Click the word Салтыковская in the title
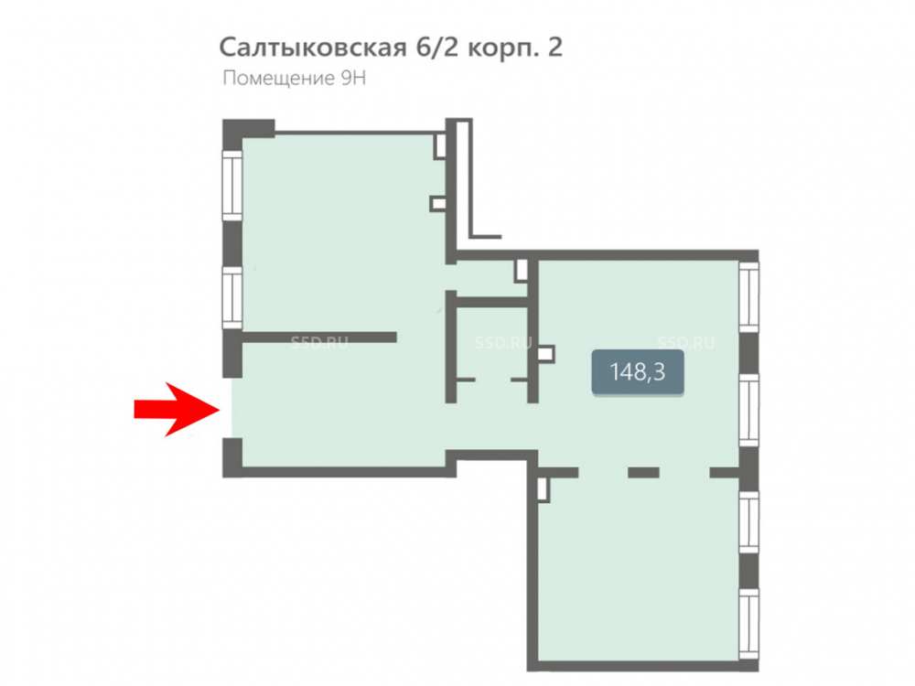pos(312,48)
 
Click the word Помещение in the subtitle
pos(278,79)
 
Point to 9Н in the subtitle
pos(353,78)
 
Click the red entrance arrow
pos(177,409)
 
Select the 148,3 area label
pos(637,371)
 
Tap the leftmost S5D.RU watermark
pos(319,342)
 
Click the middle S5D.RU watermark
pos(503,342)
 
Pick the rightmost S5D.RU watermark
pos(685,342)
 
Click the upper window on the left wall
pos(232,186)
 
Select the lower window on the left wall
pos(232,298)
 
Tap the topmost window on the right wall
pos(749,297)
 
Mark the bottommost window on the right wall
pos(749,625)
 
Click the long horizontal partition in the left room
pos(319,338)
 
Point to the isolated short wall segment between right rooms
pos(643,473)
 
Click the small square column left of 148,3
pos(545,355)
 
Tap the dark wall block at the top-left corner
pos(248,128)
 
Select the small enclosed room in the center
pos(492,353)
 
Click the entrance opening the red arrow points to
pos(232,408)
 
